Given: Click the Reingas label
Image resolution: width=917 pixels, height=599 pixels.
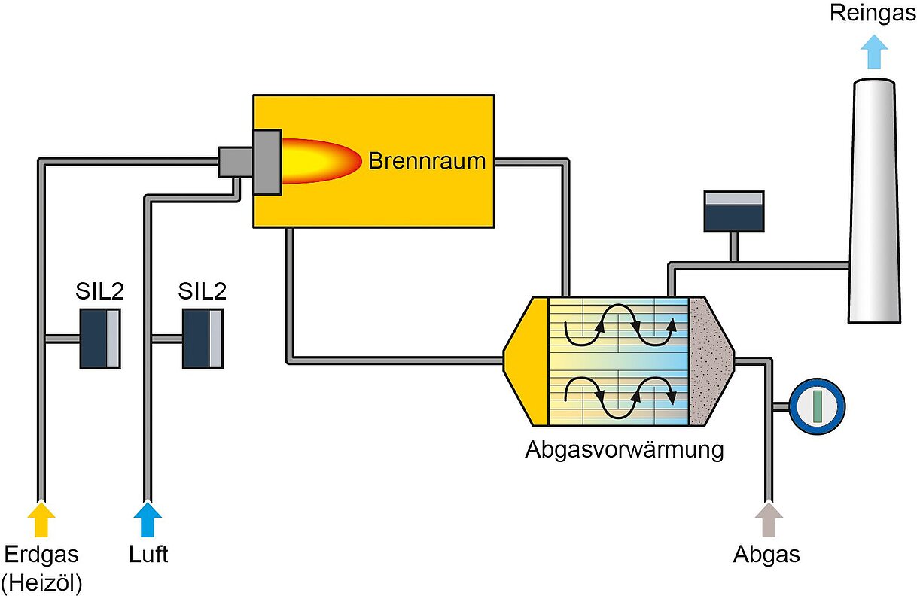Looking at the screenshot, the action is point(873,14).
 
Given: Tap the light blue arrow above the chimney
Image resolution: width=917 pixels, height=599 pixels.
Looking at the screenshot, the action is point(873,52).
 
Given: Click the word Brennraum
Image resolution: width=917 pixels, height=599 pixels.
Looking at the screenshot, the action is point(427,161).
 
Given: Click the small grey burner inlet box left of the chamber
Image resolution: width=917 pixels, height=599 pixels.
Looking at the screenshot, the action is point(236,162).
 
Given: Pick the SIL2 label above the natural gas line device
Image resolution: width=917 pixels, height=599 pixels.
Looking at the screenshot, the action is point(99,291).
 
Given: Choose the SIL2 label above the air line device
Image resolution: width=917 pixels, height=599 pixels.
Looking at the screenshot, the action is point(203,291).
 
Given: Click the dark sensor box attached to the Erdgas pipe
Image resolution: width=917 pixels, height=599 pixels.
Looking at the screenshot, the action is point(100,339).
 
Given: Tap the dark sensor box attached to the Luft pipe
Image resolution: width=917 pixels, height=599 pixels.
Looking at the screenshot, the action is point(203,339).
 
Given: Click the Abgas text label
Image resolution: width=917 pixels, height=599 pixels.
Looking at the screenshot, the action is point(766,555).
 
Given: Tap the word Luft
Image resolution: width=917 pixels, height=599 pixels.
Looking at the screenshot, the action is point(148,555).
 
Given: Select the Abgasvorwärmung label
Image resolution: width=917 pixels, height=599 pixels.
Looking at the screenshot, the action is point(624,450).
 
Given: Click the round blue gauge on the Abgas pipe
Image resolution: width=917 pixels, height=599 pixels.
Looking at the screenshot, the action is point(817,406).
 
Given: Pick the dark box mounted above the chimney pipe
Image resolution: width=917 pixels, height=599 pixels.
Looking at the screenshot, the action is point(734,211).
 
